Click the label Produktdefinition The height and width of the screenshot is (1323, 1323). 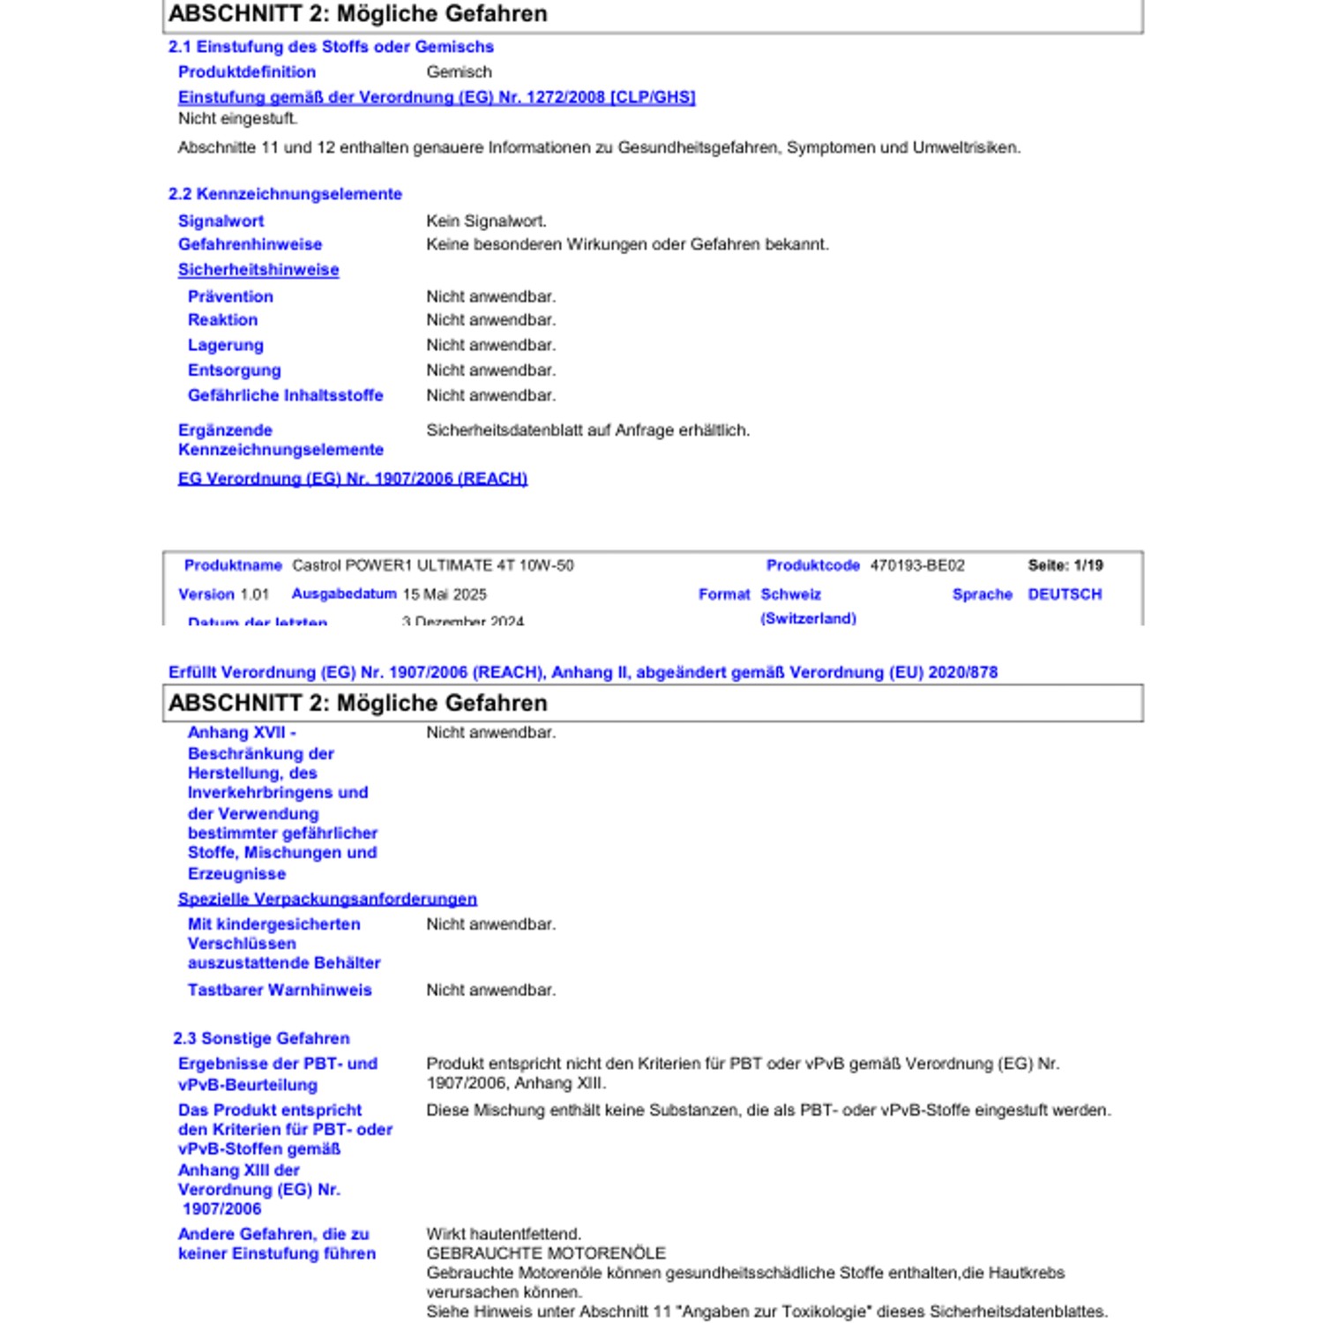246,72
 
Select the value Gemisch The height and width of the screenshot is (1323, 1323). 459,72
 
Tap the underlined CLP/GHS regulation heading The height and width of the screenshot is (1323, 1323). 437,97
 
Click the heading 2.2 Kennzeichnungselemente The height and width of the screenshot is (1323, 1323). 285,194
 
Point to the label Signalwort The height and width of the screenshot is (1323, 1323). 220,221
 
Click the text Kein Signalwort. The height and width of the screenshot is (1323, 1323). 486,221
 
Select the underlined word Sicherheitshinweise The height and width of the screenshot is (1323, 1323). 258,270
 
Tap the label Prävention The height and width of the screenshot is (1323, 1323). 230,296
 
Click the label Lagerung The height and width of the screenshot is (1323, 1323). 225,345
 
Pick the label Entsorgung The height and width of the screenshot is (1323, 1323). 234,370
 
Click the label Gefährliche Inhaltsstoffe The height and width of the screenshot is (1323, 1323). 285,395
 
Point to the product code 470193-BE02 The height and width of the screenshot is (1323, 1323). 917,565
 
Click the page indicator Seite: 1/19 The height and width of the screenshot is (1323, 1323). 1065,565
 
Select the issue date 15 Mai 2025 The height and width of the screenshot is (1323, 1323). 445,594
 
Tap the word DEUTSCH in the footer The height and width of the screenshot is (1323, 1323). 1065,594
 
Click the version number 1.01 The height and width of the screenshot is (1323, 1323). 254,594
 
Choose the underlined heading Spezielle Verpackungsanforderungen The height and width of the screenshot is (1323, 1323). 327,899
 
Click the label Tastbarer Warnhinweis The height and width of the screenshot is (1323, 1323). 280,990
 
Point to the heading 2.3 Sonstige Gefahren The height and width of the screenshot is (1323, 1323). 261,1038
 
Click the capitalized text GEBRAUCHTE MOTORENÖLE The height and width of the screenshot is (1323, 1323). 546,1253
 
